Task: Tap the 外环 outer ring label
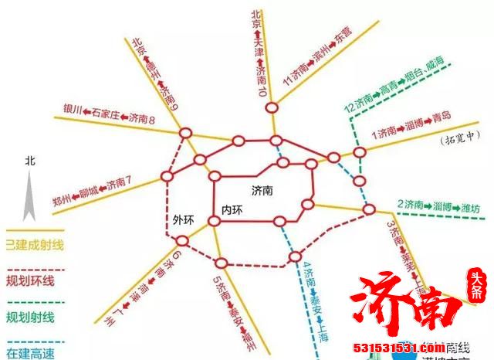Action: tap(184, 219)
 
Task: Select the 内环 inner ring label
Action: tap(232, 210)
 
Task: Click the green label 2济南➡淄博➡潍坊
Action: tap(438, 206)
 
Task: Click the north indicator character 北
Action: tap(29, 161)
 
